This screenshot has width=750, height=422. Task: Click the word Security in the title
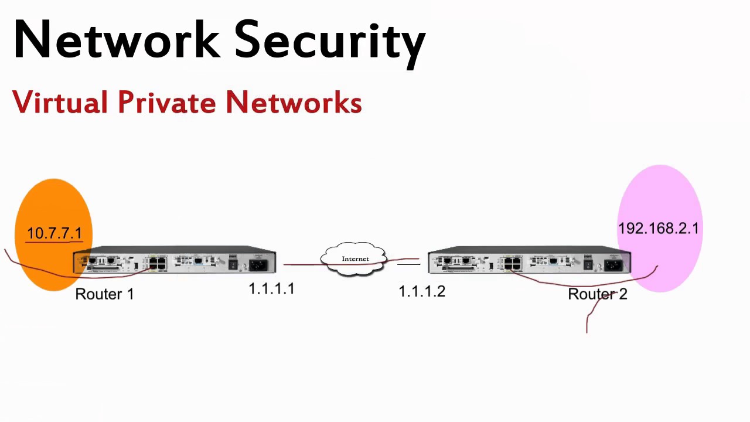[x=330, y=41]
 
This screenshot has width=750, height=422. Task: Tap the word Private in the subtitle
[x=167, y=103]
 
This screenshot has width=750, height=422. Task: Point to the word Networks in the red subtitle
[x=293, y=103]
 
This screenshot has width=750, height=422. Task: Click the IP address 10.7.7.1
[x=54, y=233]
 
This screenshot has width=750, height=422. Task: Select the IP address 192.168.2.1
[x=658, y=229]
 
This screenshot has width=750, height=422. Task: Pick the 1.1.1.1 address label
[x=271, y=289]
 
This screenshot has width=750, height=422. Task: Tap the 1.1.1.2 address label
[x=422, y=291]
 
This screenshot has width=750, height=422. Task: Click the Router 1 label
[x=104, y=294]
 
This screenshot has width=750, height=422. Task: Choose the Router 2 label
[x=597, y=294]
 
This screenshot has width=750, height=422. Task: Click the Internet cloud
[x=355, y=259]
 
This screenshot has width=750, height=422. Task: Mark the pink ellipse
[x=661, y=193]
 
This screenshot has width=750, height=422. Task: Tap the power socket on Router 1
[x=258, y=265]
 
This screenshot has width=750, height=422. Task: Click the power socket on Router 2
[x=613, y=265]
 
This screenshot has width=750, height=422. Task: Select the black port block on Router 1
[x=156, y=263]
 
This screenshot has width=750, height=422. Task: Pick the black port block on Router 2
[x=512, y=263]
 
